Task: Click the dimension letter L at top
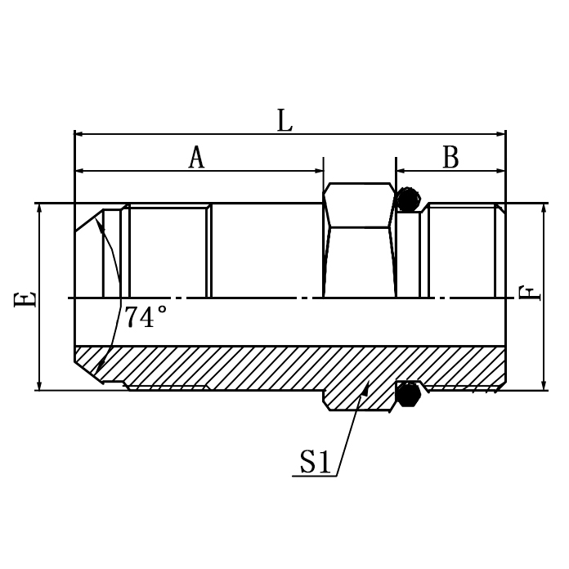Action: [x=284, y=121]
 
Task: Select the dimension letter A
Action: [x=196, y=158]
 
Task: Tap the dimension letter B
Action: [x=450, y=158]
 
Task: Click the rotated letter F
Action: [x=531, y=292]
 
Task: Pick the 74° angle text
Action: [x=146, y=317]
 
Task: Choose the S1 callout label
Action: [x=315, y=464]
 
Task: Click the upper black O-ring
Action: [x=407, y=199]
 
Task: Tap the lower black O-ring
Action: [x=407, y=394]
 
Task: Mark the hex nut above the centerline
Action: [x=360, y=206]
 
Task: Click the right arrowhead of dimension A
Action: [x=318, y=171]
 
